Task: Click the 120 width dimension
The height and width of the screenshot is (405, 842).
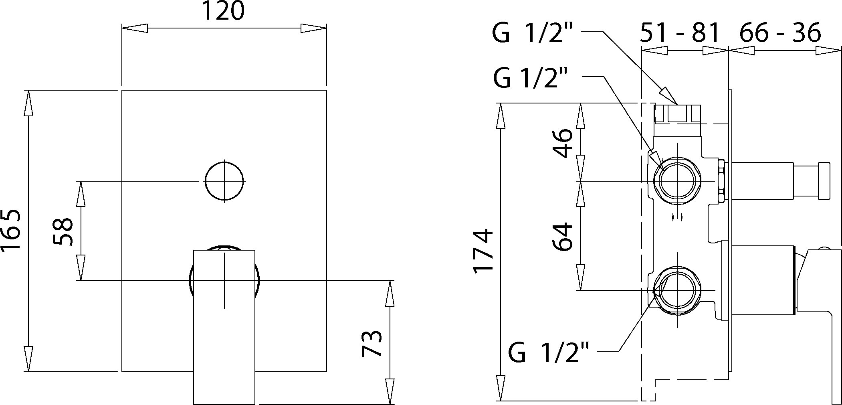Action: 223,11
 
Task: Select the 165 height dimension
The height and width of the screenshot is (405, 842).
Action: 11,231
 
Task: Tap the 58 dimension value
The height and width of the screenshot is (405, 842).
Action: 63,231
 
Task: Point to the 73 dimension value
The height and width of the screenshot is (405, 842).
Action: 372,343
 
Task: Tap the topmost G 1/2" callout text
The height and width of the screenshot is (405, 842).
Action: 535,32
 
